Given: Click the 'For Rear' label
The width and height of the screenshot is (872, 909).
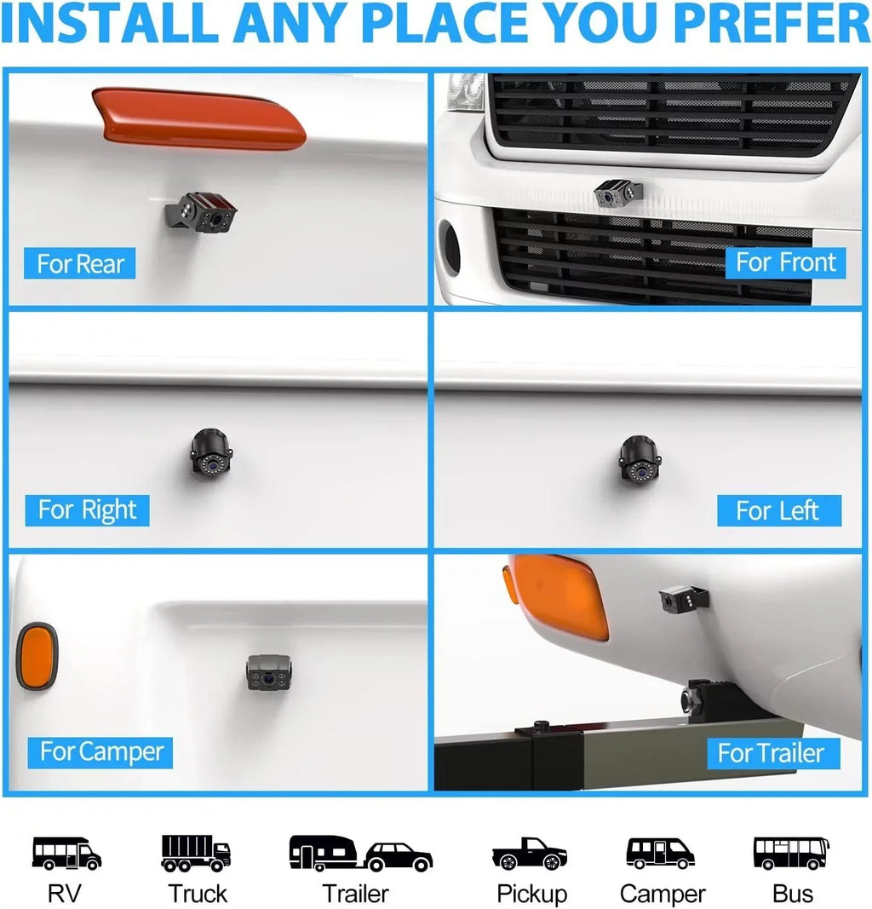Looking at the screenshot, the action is [80, 264].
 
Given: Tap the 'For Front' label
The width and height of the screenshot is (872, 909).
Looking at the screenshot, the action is [786, 262].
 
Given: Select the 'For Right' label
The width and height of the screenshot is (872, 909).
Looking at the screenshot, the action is [88, 510].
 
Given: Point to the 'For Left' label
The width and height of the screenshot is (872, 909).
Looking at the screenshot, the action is [778, 511].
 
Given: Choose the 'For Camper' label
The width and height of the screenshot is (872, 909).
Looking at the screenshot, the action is [100, 752].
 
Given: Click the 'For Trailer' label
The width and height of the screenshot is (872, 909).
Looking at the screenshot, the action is [773, 753].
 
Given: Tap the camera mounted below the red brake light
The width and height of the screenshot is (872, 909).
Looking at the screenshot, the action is [201, 212].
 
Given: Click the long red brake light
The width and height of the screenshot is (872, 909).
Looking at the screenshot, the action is [198, 118].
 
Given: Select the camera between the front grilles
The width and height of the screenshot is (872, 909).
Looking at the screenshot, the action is [619, 193].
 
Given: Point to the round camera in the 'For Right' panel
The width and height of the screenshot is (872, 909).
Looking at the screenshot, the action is [211, 452].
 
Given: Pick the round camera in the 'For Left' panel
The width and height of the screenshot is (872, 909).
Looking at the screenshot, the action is [639, 460].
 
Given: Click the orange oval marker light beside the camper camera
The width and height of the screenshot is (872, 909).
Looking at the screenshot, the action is [37, 656].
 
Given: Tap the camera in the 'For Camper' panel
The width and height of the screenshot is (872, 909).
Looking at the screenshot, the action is [269, 672].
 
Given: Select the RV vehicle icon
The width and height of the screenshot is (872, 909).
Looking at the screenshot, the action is [66, 853].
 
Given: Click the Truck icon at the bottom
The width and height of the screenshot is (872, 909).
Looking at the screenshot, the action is [196, 854].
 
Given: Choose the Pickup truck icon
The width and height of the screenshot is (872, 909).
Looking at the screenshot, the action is [529, 854].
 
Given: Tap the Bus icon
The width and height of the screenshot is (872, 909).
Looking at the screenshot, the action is [791, 853].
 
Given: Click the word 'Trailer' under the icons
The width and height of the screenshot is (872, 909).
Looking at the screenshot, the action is [355, 894].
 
